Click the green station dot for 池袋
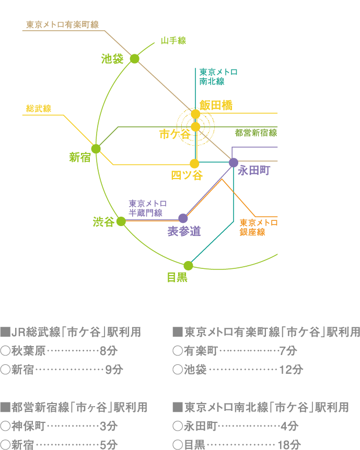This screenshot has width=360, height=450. coord(134,58)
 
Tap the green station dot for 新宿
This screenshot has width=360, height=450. coord(96,149)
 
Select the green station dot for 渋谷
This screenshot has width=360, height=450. coord(121,221)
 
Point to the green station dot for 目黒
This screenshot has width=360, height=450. coord(188,266)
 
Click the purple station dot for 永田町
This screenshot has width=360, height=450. coord(234,162)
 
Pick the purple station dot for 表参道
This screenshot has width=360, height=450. coord(183,218)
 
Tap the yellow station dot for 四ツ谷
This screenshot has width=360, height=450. coord(194,163)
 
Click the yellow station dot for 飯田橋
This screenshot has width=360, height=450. coord(195,114)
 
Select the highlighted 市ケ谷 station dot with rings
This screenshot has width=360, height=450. coord(195,127)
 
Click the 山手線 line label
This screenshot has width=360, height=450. coord(173,41)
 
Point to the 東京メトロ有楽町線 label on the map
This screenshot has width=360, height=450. coord(62,25)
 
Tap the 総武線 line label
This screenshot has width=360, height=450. coord(38,109)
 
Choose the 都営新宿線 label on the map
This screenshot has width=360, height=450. coord(256,133)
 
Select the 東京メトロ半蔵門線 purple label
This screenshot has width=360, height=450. coord(147,208)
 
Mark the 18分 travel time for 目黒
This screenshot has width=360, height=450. coord(289,445)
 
